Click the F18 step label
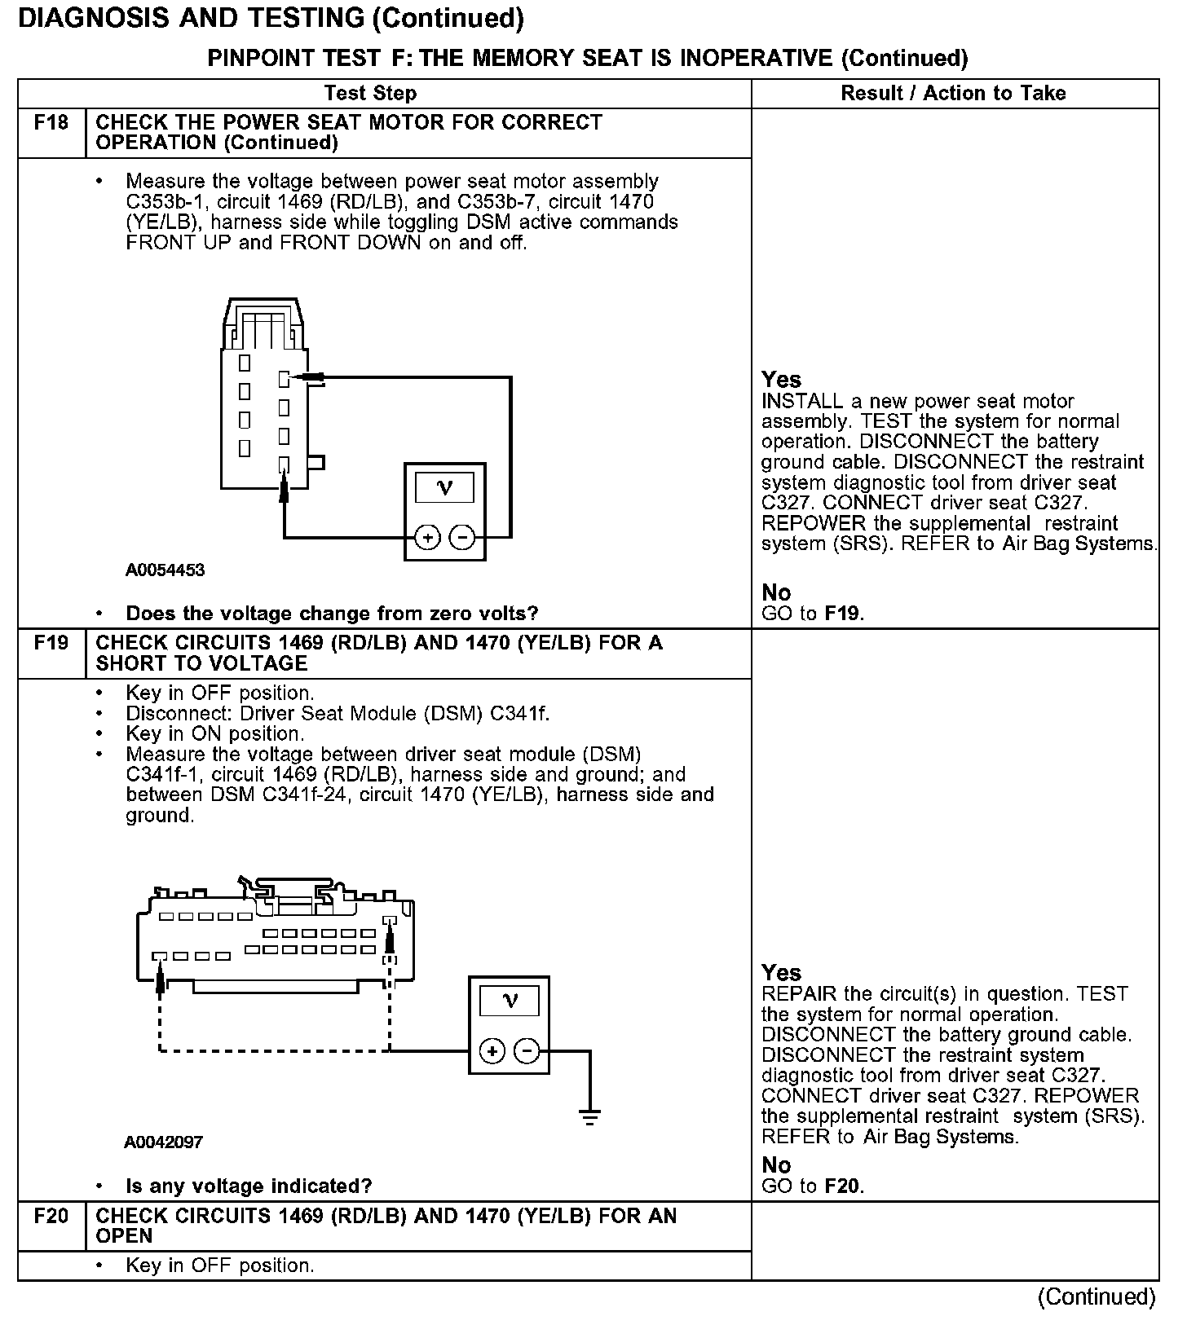click(x=51, y=123)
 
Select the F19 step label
click(x=51, y=644)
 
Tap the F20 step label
click(x=51, y=1217)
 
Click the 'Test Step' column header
click(x=370, y=93)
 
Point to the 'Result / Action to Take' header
click(x=953, y=93)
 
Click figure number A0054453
click(x=165, y=570)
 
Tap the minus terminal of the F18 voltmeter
click(x=462, y=538)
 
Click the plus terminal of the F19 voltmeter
click(x=492, y=1051)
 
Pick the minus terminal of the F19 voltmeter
click(x=527, y=1051)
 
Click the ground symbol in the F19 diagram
click(x=590, y=1116)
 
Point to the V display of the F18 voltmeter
click(x=444, y=488)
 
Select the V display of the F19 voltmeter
click(x=510, y=1001)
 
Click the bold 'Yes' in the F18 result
click(x=781, y=380)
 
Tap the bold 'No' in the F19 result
click(x=776, y=1164)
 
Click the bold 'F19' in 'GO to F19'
click(x=843, y=614)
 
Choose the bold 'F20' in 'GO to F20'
click(x=844, y=1186)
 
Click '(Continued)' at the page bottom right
click(x=1097, y=1296)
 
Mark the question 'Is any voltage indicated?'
click(x=249, y=1186)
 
